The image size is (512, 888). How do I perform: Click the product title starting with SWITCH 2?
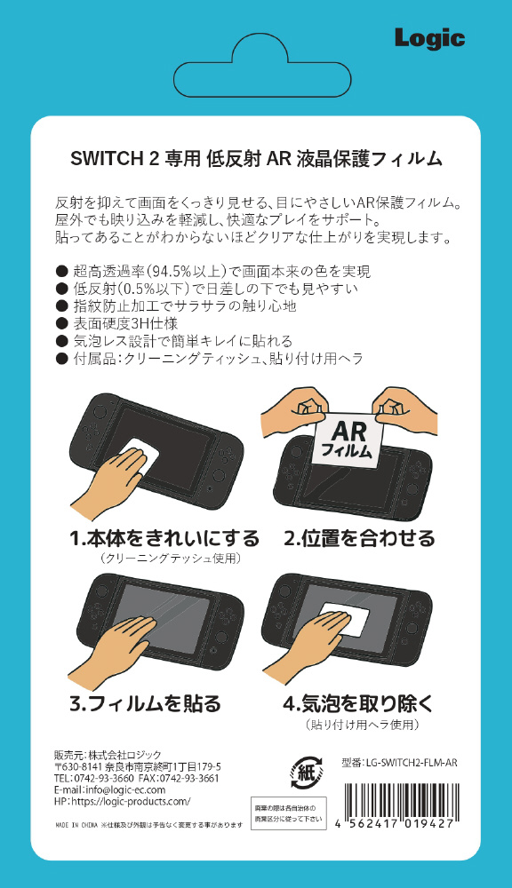click(x=256, y=159)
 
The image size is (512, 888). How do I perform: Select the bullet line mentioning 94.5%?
click(x=213, y=271)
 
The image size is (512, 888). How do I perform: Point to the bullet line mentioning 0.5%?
click(x=207, y=289)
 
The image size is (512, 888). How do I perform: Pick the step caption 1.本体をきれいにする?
click(x=164, y=539)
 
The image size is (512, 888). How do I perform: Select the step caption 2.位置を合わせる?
click(x=359, y=539)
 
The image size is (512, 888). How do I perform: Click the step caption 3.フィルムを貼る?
click(x=145, y=704)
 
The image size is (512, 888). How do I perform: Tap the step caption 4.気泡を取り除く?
click(x=358, y=704)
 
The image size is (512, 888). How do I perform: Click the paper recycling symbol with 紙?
click(x=307, y=773)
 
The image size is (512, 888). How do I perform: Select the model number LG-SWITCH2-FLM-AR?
click(x=399, y=763)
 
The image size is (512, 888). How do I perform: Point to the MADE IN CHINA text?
click(x=76, y=825)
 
